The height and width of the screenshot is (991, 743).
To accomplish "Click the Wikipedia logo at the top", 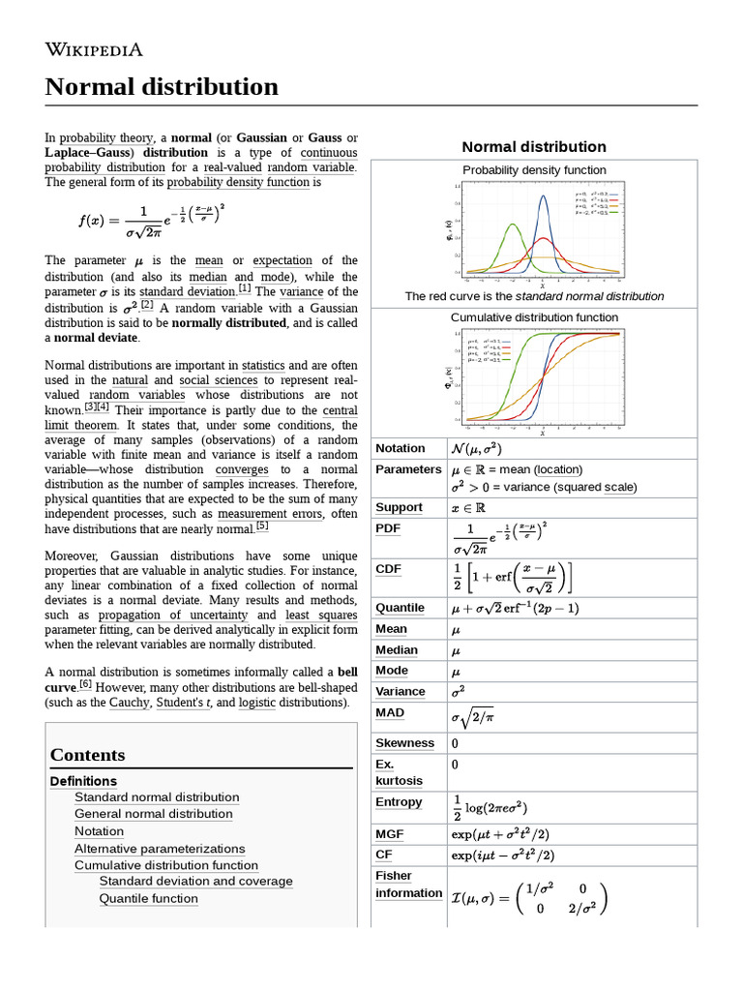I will (94, 49).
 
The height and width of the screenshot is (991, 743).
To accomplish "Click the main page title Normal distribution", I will (162, 87).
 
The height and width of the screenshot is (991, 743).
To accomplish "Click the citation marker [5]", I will (262, 526).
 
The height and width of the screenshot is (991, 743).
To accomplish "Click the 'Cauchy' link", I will (129, 703).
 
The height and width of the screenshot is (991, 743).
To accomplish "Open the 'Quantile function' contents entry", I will (148, 898).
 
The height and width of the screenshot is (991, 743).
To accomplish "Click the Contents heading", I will (87, 755).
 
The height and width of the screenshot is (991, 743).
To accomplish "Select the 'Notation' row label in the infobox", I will (400, 448).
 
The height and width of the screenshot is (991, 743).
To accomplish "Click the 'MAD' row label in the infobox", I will (390, 712).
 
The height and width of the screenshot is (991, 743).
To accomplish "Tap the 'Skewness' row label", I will (404, 743).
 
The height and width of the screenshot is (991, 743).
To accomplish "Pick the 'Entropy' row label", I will (399, 801).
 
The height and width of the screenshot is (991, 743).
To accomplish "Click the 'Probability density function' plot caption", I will (534, 170).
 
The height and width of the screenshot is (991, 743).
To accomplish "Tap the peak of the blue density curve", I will (544, 196).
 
